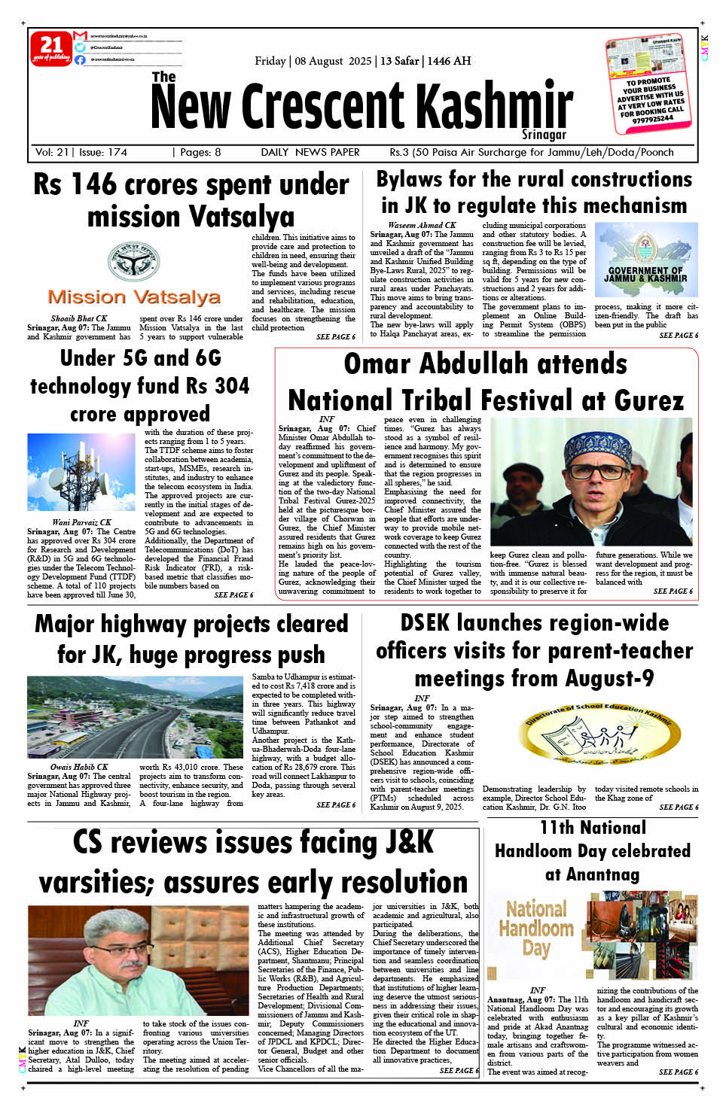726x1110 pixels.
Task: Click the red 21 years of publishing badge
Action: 50,49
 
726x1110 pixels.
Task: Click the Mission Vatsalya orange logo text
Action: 134,297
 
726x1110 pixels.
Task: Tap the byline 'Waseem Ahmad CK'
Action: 422,225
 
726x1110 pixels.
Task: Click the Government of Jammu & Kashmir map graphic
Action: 646,260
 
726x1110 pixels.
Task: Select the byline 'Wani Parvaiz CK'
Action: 81,522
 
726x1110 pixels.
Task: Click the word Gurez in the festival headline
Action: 648,400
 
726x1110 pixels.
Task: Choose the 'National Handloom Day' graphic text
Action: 535,928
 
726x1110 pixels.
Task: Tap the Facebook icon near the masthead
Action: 80,59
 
